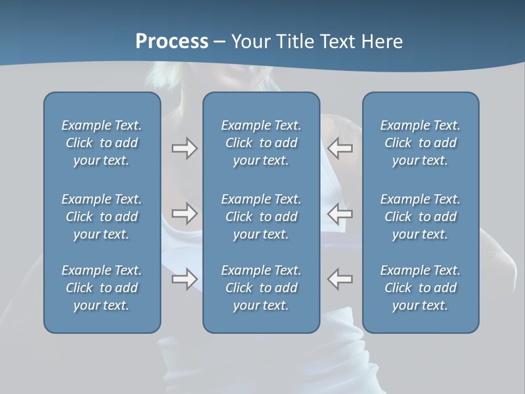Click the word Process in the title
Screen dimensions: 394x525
coord(172,42)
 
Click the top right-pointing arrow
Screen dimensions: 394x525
coord(184,148)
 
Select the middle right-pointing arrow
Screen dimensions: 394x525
coord(184,213)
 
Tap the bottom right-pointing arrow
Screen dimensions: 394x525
coord(184,279)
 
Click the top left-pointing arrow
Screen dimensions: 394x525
coord(340,148)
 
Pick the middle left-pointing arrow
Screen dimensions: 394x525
coord(340,213)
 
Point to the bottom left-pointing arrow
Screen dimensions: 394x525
coord(340,279)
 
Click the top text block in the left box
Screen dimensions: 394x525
coord(102,143)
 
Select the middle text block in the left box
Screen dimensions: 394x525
coord(102,217)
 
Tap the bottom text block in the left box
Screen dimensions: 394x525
coord(102,288)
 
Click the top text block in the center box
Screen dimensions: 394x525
coord(261,143)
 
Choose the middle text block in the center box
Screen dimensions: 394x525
coord(261,217)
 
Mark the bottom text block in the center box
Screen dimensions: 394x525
coord(261,288)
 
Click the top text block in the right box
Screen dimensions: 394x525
coord(420,143)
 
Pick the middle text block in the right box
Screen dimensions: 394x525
coord(420,217)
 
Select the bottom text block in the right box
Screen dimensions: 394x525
coord(420,288)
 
